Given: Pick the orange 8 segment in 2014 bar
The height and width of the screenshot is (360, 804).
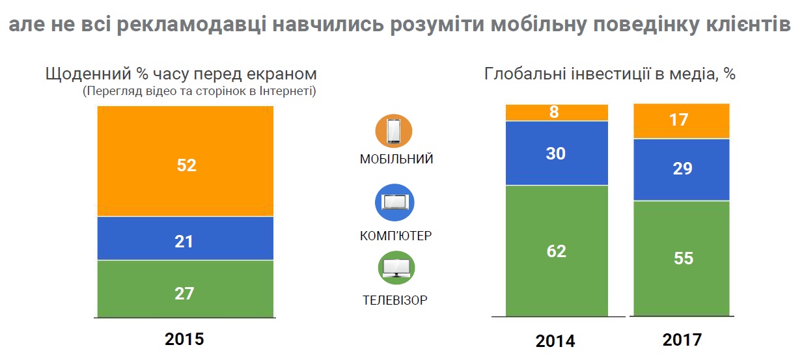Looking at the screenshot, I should click(557, 112).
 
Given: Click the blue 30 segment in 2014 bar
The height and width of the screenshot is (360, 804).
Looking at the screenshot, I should click(557, 153).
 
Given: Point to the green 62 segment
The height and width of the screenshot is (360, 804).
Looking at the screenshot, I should click(557, 251).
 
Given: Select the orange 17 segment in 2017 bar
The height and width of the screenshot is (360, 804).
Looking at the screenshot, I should click(682, 121).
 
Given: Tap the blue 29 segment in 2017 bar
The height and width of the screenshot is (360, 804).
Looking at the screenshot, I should click(682, 169).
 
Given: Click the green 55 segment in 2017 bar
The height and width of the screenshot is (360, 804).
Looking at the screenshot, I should click(682, 258).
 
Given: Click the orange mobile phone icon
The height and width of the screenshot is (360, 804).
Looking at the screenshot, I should click(395, 132).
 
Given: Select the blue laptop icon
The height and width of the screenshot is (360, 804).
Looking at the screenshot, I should click(395, 202).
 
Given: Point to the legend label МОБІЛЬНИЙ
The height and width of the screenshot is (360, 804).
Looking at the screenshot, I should click(396, 159).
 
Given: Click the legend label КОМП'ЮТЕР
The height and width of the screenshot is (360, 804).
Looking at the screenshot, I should click(396, 235).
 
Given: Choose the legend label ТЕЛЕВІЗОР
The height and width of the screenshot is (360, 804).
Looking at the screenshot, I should click(395, 300).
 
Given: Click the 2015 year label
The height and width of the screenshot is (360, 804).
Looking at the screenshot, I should click(185, 339).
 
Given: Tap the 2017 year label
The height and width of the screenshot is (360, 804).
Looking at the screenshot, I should click(682, 340).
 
